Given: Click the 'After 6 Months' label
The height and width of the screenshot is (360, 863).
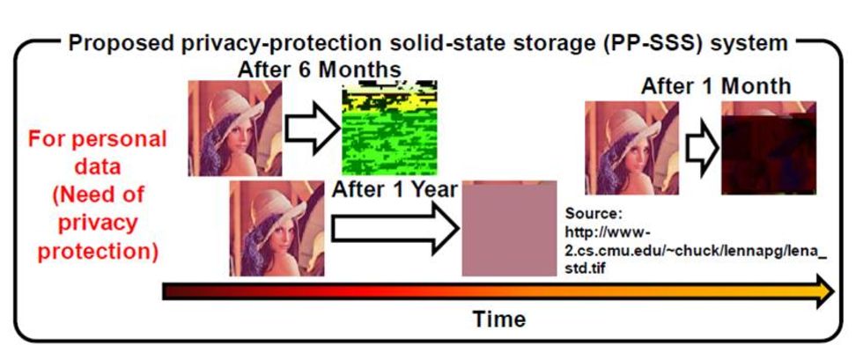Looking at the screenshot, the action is tap(319, 70).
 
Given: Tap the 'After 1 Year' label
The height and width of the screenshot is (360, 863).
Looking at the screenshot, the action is tap(395, 189).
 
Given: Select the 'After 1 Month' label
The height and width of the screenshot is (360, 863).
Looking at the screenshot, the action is tap(715, 86).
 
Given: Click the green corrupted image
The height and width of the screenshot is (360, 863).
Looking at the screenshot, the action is tap(389, 128).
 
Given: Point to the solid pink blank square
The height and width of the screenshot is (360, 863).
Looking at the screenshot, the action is tap(509, 228).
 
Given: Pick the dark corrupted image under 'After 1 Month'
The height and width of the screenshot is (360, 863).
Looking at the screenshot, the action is tap(768, 148).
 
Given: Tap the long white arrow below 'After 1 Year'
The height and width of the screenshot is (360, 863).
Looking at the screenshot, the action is tap(395, 227).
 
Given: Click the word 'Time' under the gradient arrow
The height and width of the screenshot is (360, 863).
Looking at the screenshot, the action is tap(499, 319).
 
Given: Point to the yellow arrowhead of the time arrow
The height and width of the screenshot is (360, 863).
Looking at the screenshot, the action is tap(824, 291).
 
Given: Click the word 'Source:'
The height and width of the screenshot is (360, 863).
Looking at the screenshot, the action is tap(591, 213).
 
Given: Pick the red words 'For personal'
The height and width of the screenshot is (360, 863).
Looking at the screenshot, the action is tap(98, 139).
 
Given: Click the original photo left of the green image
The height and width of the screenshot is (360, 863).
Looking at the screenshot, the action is tap(235, 129).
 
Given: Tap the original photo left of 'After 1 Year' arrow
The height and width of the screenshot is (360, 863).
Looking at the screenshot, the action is tap(277, 228).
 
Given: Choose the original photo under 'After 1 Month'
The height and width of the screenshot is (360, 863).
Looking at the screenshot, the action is tap(632, 148).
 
